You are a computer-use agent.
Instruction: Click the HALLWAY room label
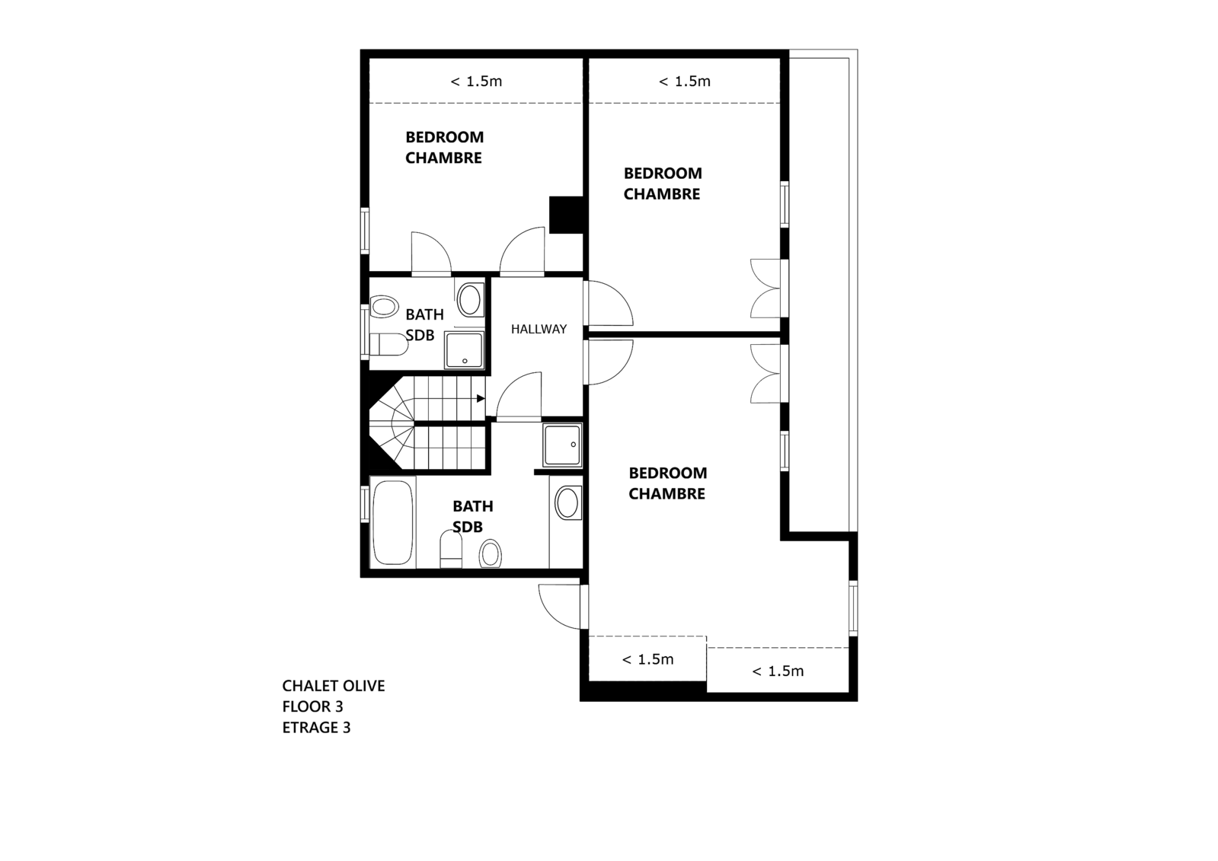[539, 329]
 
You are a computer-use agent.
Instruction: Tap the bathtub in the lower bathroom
[392, 522]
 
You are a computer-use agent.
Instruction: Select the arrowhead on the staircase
[481, 398]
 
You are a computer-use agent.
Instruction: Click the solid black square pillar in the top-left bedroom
[566, 215]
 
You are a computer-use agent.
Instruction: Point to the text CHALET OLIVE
[334, 686]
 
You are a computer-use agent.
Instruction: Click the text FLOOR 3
[312, 706]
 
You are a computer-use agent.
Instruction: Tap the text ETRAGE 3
[316, 727]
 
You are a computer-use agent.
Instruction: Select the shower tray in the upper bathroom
[464, 350]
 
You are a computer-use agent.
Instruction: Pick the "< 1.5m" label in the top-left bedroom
[476, 81]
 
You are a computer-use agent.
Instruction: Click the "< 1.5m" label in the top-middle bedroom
[685, 81]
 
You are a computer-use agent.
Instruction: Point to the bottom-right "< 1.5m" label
[778, 671]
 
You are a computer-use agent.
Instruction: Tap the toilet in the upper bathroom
[388, 345]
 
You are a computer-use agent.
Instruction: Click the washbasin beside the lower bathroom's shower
[567, 502]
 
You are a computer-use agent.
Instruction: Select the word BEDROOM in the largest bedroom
[668, 473]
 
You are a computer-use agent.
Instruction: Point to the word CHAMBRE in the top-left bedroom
[443, 158]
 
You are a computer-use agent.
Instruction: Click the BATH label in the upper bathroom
[425, 314]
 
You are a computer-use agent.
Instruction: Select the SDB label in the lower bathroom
[468, 527]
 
